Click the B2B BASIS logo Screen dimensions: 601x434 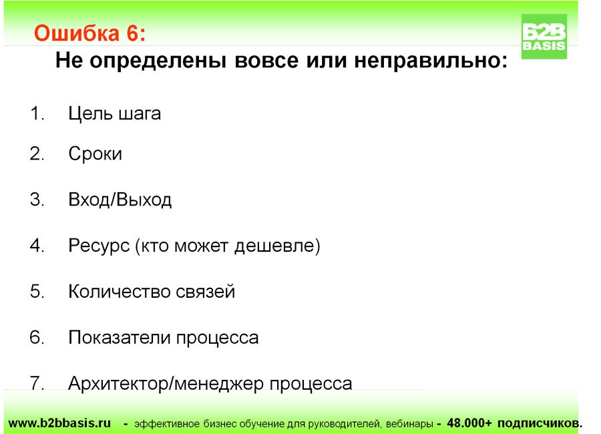pyautogui.click(x=544, y=37)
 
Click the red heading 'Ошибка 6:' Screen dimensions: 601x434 pyautogui.click(x=90, y=33)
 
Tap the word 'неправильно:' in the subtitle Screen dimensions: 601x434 pyautogui.click(x=431, y=61)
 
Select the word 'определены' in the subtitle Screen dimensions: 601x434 pyautogui.click(x=158, y=61)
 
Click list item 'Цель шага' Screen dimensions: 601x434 pyautogui.click(x=115, y=114)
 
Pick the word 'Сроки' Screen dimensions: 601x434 pyautogui.click(x=95, y=154)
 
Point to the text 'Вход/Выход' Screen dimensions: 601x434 pyautogui.click(x=120, y=200)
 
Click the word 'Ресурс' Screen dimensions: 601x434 pyautogui.click(x=99, y=246)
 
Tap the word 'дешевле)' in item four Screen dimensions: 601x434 pyautogui.click(x=277, y=246)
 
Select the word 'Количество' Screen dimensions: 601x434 pyautogui.click(x=120, y=291)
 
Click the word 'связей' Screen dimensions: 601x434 pyautogui.click(x=206, y=292)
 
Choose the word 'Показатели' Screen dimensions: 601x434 pyautogui.click(x=120, y=338)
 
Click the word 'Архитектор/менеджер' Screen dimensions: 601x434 pyautogui.click(x=166, y=384)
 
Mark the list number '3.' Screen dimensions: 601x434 pyautogui.click(x=37, y=200)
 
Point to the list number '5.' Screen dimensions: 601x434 pyautogui.click(x=37, y=291)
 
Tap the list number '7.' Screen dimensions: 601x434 pyautogui.click(x=37, y=383)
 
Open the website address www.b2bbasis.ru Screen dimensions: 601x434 pyautogui.click(x=59, y=423)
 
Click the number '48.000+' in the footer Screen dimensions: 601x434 pyautogui.click(x=469, y=423)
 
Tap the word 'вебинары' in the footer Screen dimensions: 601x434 pyautogui.click(x=409, y=423)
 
